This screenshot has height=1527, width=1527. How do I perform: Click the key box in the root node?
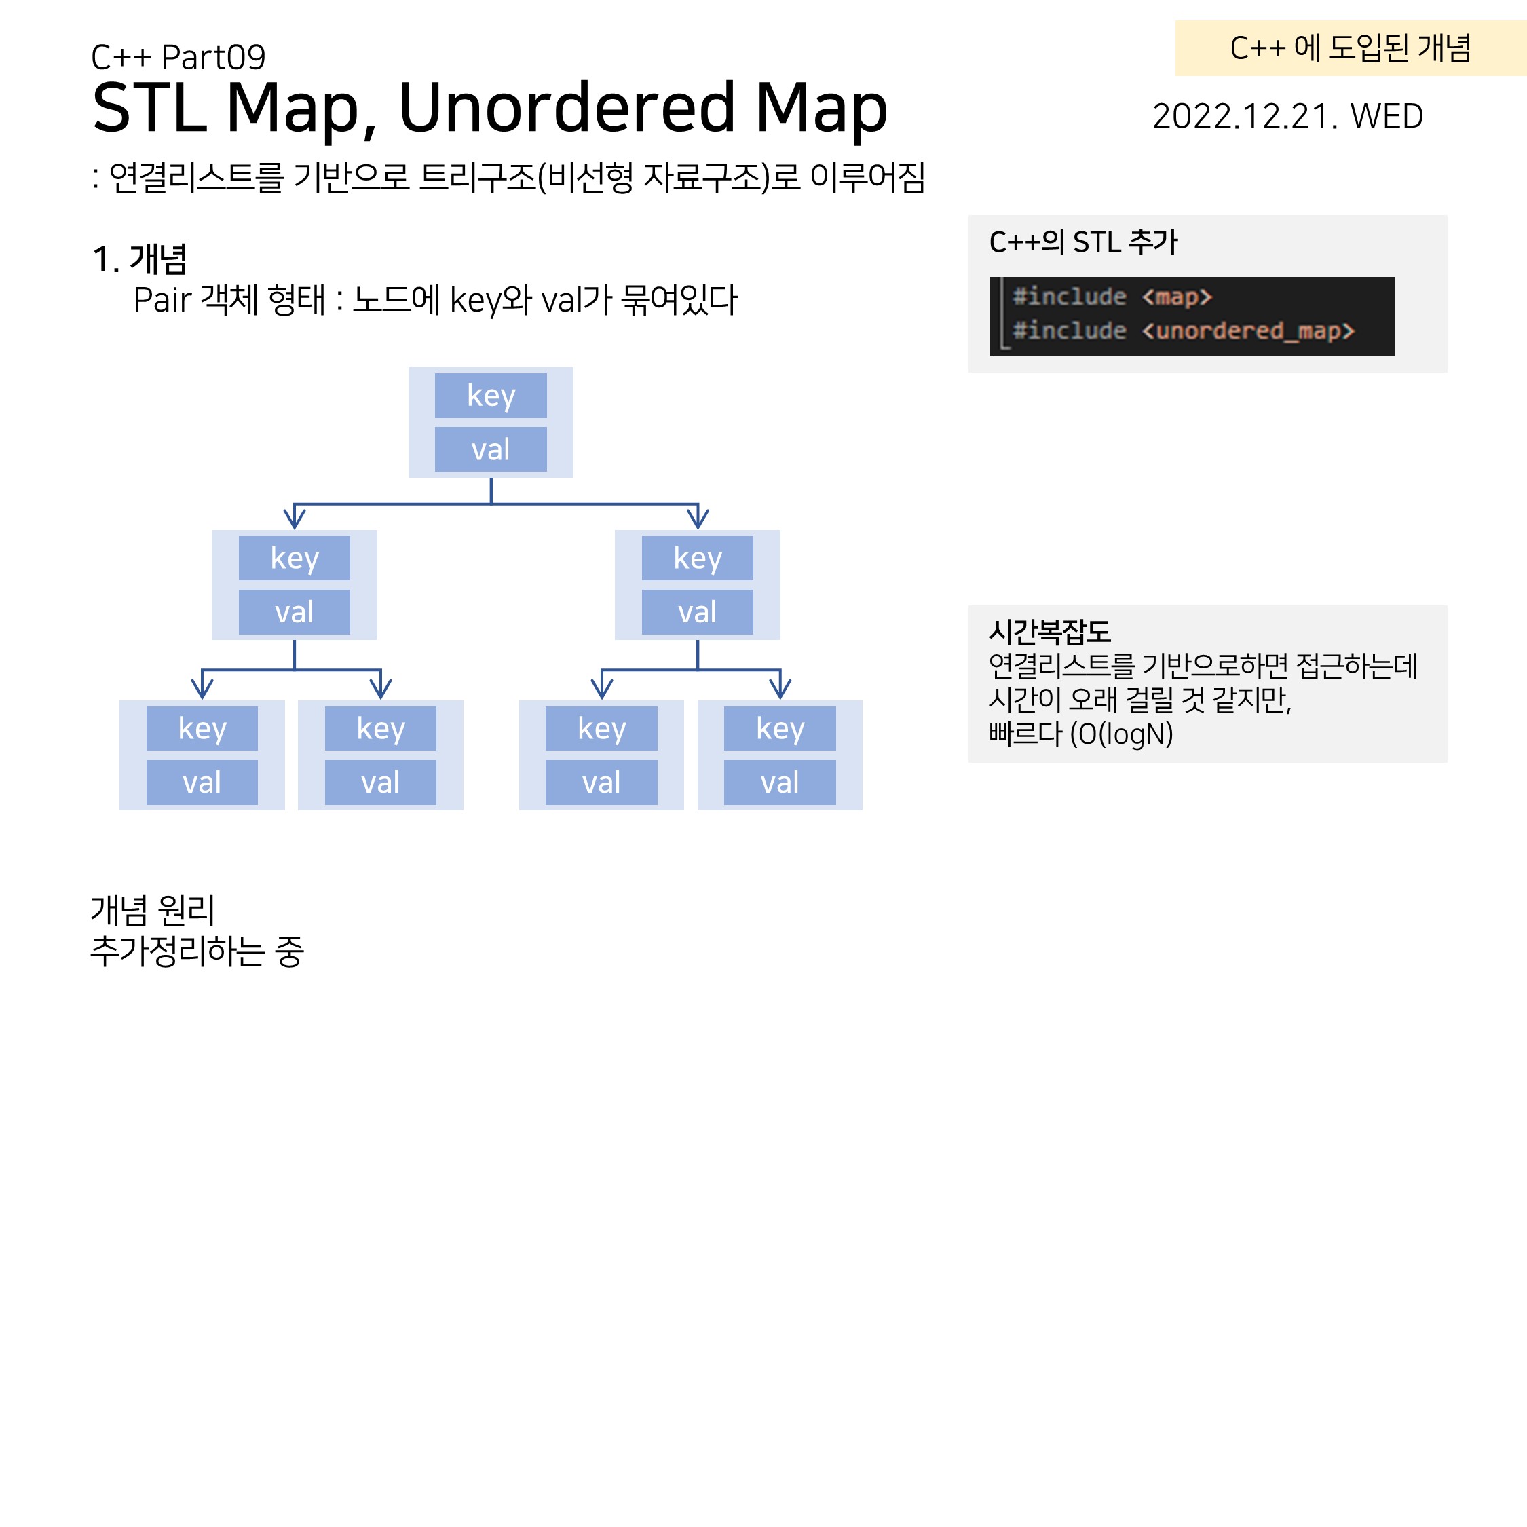(x=490, y=395)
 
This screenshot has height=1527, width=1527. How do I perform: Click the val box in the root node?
(x=490, y=449)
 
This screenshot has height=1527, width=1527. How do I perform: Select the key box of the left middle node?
(x=294, y=558)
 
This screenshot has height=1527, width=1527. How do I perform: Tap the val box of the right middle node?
(x=697, y=611)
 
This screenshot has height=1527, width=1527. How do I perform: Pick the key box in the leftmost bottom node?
(x=202, y=728)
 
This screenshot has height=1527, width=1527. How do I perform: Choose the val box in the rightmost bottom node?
(x=779, y=782)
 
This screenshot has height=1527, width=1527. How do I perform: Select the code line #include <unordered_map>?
(x=1183, y=331)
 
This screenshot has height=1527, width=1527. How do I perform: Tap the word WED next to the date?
(x=1387, y=116)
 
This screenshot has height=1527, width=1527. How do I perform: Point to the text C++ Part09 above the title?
(x=178, y=57)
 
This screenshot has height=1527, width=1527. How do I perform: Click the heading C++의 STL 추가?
(x=1082, y=242)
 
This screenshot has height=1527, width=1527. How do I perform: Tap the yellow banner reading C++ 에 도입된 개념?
(x=1350, y=48)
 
